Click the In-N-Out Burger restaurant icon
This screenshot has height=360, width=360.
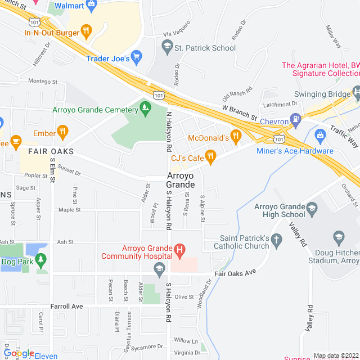pyautogui.click(x=86, y=31)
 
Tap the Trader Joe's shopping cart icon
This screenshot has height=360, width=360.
pyautogui.click(x=137, y=57)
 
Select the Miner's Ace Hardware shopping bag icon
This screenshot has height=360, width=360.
pyautogui.click(x=320, y=135)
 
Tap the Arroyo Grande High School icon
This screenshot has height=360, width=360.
pyautogui.click(x=311, y=210)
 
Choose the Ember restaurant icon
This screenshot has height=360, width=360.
pyautogui.click(x=63, y=133)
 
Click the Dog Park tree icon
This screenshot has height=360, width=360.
pyautogui.click(x=40, y=260)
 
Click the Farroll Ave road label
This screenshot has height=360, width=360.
pyautogui.click(x=66, y=307)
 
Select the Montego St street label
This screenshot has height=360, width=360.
pyautogui.click(x=43, y=82)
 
